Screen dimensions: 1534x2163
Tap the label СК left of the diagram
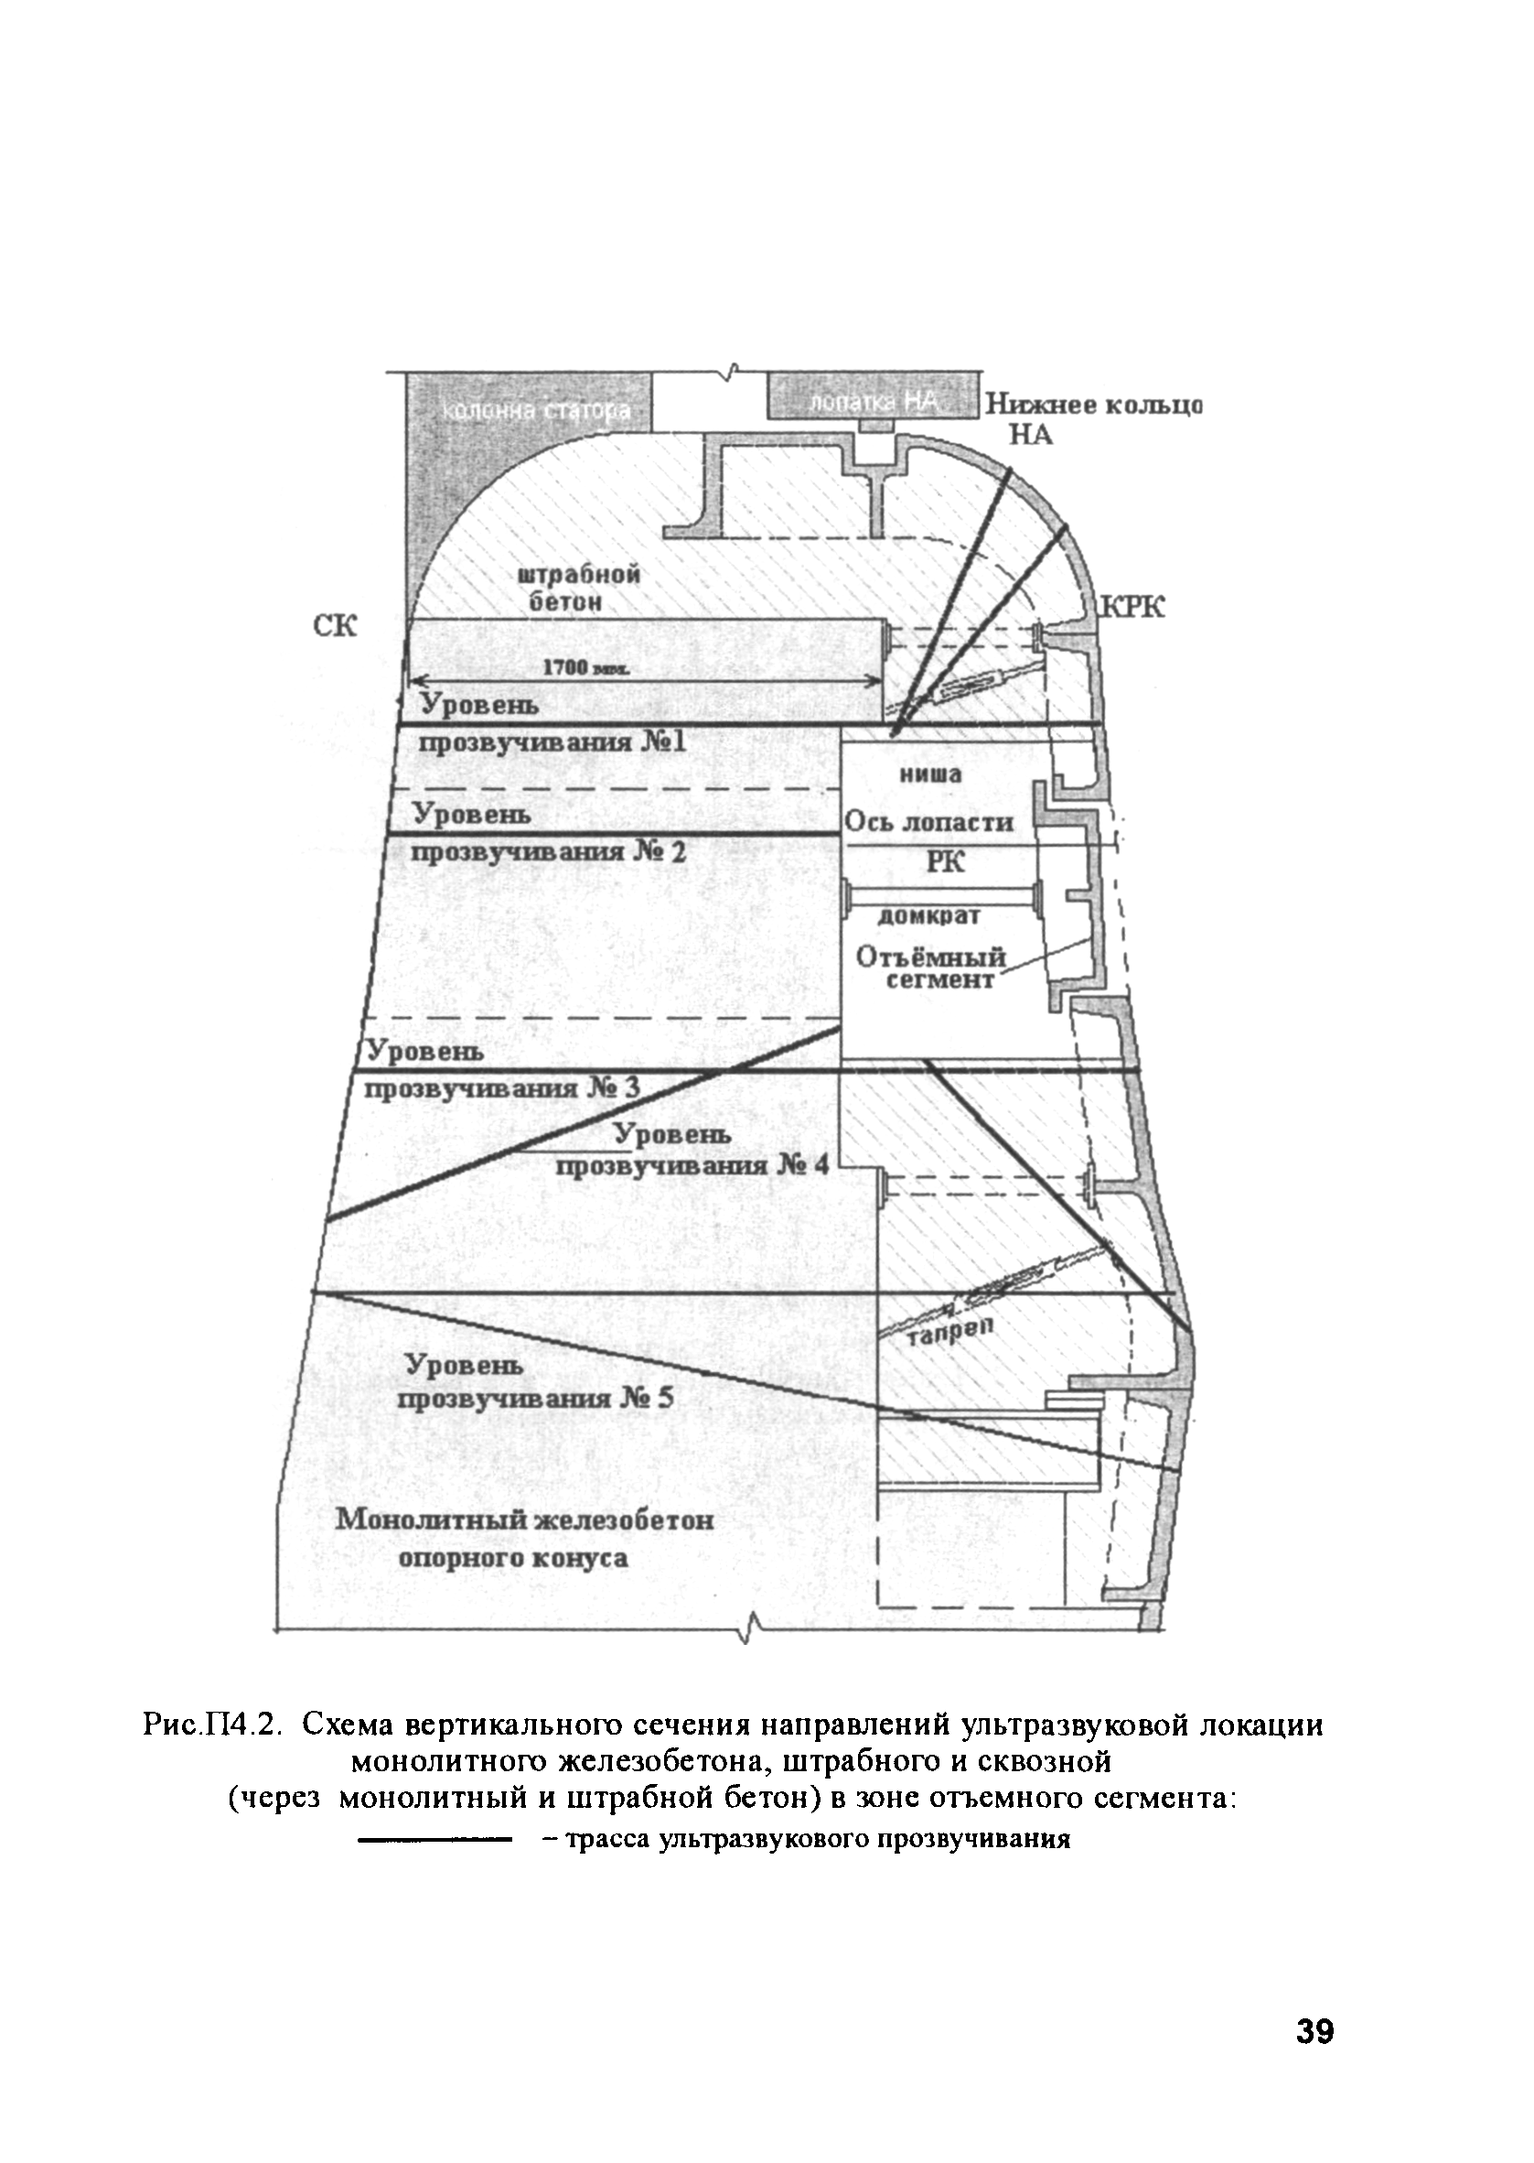pyautogui.click(x=335, y=625)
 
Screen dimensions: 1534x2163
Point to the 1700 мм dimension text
pyautogui.click(x=585, y=667)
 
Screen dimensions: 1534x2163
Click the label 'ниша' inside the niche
pyautogui.click(x=929, y=775)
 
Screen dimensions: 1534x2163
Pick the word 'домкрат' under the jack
pyautogui.click(x=929, y=915)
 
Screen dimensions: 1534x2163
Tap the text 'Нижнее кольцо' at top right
pyautogui.click(x=1094, y=406)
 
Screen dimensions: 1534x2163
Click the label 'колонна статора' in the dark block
pyautogui.click(x=537, y=412)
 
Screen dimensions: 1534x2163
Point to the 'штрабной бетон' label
pyautogui.click(x=579, y=588)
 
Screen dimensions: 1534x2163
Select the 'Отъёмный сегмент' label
pyautogui.click(x=930, y=968)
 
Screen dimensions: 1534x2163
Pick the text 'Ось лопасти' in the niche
pyautogui.click(x=928, y=822)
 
